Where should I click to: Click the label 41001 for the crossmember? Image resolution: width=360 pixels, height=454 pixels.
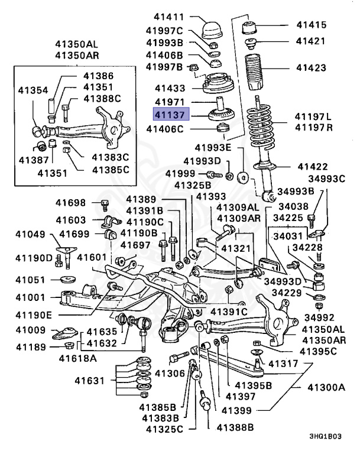pyautogui.click(x=30, y=299)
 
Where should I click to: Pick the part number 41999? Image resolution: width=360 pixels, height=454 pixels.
pyautogui.click(x=179, y=173)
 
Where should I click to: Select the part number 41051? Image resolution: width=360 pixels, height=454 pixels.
pyautogui.click(x=30, y=280)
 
